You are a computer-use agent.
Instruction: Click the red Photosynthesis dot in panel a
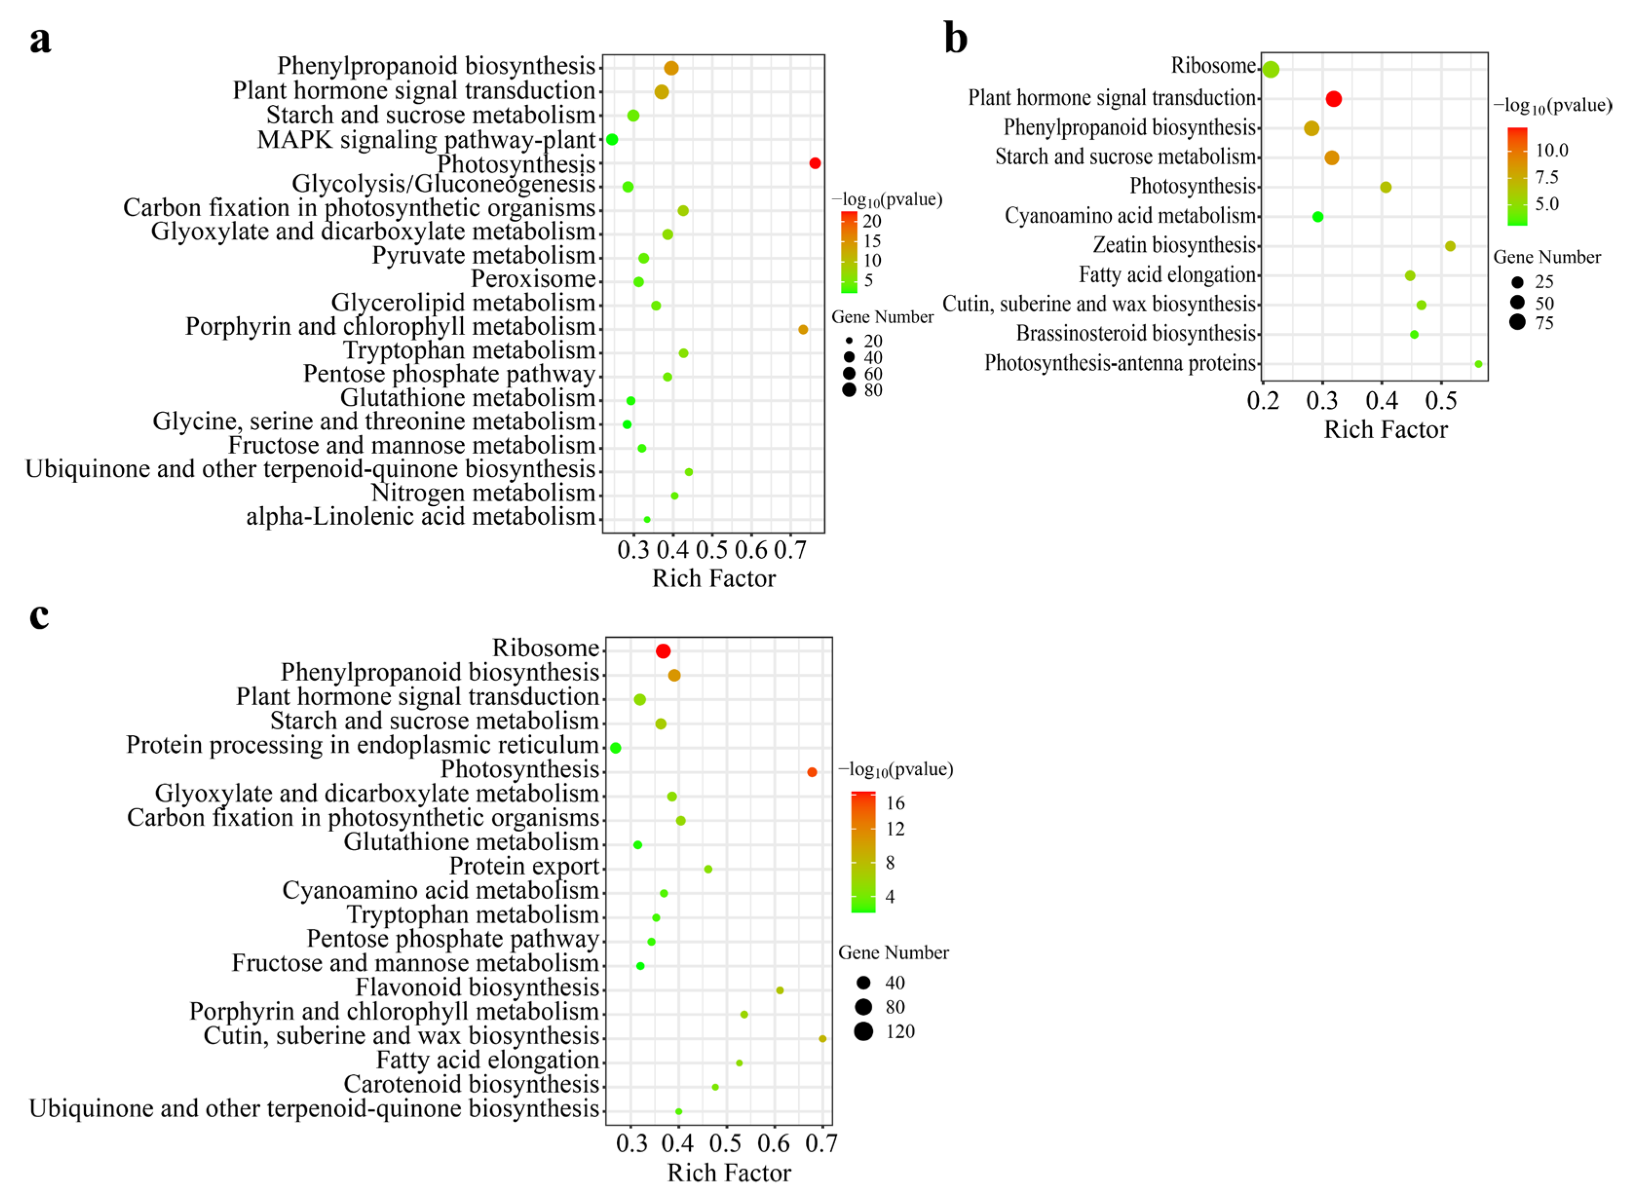pos(814,163)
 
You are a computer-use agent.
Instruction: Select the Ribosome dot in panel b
pos(1270,69)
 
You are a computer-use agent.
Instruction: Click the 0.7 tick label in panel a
pos(791,550)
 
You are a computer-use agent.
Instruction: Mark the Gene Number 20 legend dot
pos(849,341)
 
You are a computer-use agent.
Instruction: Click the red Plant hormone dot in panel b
pos(1333,98)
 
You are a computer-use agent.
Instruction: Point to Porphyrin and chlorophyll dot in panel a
pos(803,329)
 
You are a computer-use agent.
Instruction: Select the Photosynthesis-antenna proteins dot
pos(1478,363)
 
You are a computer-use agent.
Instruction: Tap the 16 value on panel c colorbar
pos(895,803)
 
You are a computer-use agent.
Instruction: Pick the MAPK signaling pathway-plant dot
pos(612,139)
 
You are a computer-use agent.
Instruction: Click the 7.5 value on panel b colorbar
pos(1546,177)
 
